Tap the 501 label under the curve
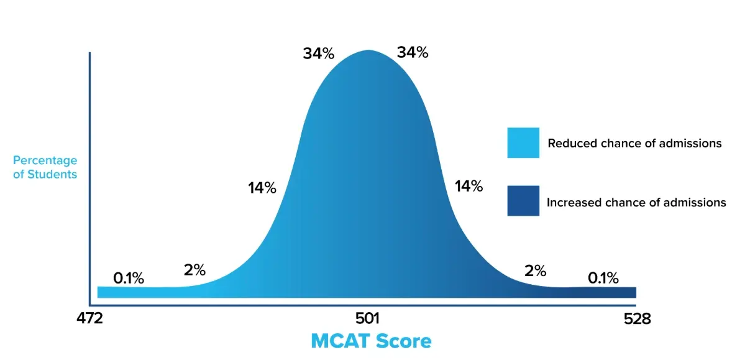[x=367, y=318]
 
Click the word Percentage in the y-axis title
[x=45, y=160]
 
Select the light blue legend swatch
[x=523, y=143]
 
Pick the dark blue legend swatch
[x=523, y=201]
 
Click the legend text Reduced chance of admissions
[x=634, y=144]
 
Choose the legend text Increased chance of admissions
[x=636, y=202]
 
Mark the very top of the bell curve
[x=368, y=51]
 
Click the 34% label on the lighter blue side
[x=319, y=53]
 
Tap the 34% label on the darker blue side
[x=413, y=53]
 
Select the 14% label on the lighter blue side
[x=262, y=188]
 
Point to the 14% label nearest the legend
[x=469, y=186]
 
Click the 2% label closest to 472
[x=194, y=270]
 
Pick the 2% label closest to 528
[x=535, y=270]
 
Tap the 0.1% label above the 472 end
[x=129, y=279]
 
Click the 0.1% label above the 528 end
[x=603, y=278]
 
